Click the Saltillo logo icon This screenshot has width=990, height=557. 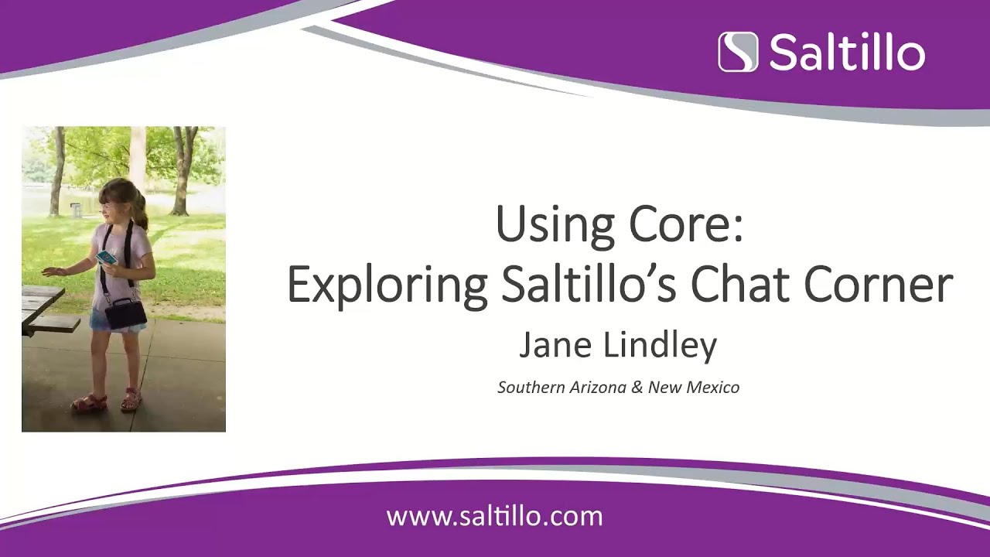pyautogui.click(x=738, y=52)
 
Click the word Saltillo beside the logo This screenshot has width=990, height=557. pyautogui.click(x=847, y=53)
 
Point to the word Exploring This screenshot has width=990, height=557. pyautogui.click(x=387, y=285)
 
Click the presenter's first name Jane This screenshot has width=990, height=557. pyautogui.click(x=550, y=345)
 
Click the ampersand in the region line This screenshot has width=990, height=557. pyautogui.click(x=637, y=387)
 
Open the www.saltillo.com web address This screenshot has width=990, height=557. pyautogui.click(x=494, y=516)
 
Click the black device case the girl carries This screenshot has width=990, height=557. pyautogui.click(x=125, y=313)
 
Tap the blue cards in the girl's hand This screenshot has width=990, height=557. pyautogui.click(x=107, y=257)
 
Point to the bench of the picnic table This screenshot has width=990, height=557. pyautogui.click(x=54, y=323)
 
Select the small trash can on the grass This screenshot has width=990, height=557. pyautogui.click(x=75, y=210)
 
